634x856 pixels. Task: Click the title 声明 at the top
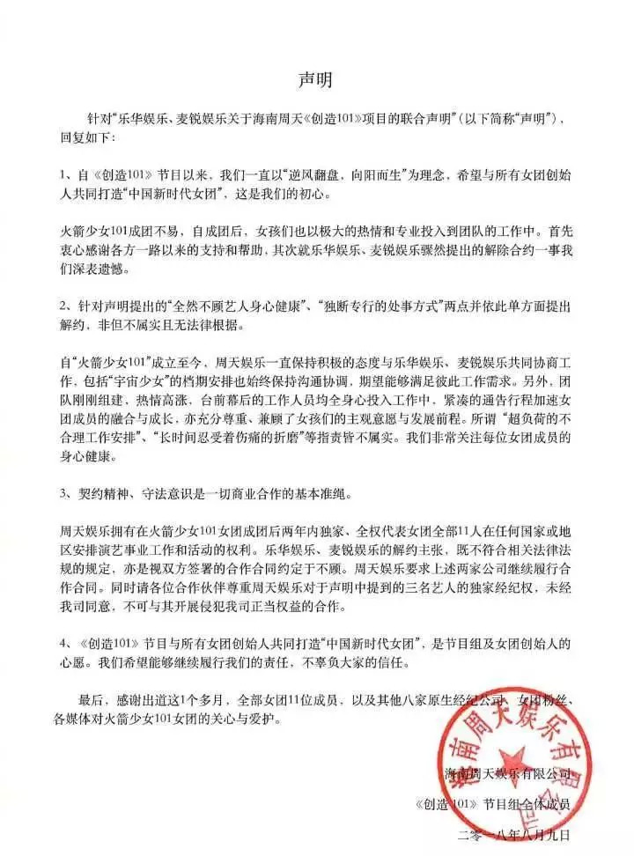point(316,77)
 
